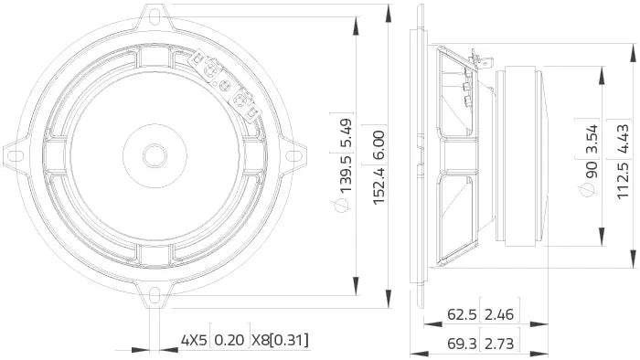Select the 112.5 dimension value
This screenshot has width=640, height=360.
pos(624,178)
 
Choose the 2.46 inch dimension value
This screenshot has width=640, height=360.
pos(500,289)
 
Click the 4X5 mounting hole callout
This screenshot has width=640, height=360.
pos(194,315)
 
